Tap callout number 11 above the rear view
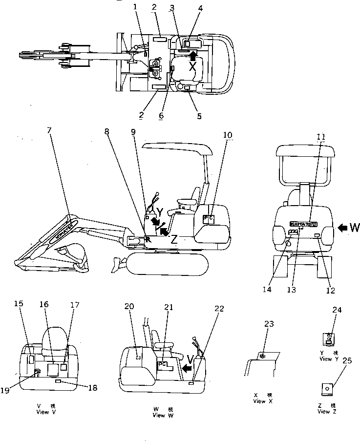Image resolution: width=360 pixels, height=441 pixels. click(320, 137)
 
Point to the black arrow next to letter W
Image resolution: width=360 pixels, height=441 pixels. click(343, 227)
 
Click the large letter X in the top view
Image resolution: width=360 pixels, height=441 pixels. click(193, 67)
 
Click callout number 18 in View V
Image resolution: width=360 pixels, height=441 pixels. click(92, 387)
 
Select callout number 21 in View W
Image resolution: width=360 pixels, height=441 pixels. click(169, 307)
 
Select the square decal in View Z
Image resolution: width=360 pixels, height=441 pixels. click(326, 389)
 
